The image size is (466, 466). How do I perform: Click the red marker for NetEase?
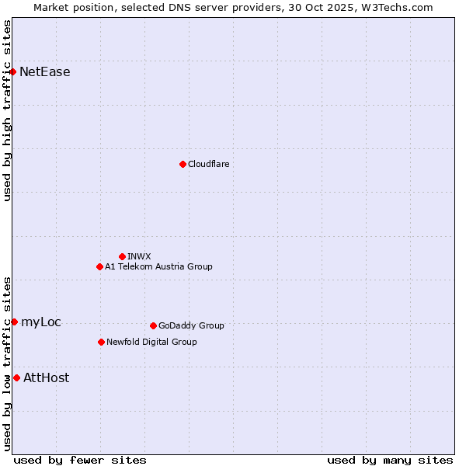coord(13,72)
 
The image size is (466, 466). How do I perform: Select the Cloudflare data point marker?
coord(183,164)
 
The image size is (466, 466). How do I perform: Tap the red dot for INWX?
coord(122,256)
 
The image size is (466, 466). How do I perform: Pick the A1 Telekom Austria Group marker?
coord(99,266)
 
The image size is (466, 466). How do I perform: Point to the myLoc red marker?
coord(14,322)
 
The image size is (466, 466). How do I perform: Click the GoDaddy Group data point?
coord(153,325)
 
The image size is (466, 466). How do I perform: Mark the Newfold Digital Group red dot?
coord(101,342)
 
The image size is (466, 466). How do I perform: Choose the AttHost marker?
coord(16,377)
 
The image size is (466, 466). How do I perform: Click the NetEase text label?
coord(45,72)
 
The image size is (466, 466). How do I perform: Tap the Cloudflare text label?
coord(209,164)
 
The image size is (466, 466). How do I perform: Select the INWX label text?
coord(139,256)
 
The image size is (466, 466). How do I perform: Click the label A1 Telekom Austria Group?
coord(158,266)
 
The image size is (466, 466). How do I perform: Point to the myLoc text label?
coord(41,322)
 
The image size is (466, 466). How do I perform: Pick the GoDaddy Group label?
coord(191,325)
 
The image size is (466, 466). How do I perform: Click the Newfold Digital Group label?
coord(151,342)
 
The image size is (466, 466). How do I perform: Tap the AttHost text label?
coord(47,377)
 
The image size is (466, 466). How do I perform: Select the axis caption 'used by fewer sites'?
coord(80,460)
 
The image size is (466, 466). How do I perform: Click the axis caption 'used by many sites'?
coord(390,460)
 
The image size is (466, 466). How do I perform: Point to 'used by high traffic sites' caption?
coord(7,110)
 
